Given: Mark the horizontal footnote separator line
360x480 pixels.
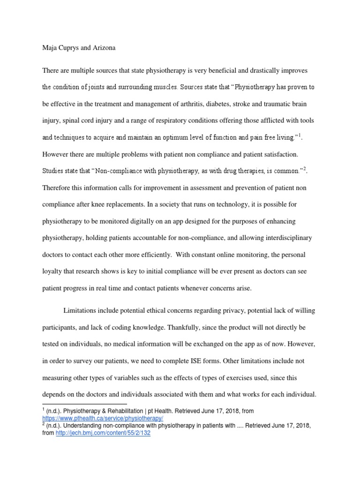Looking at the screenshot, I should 85,404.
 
